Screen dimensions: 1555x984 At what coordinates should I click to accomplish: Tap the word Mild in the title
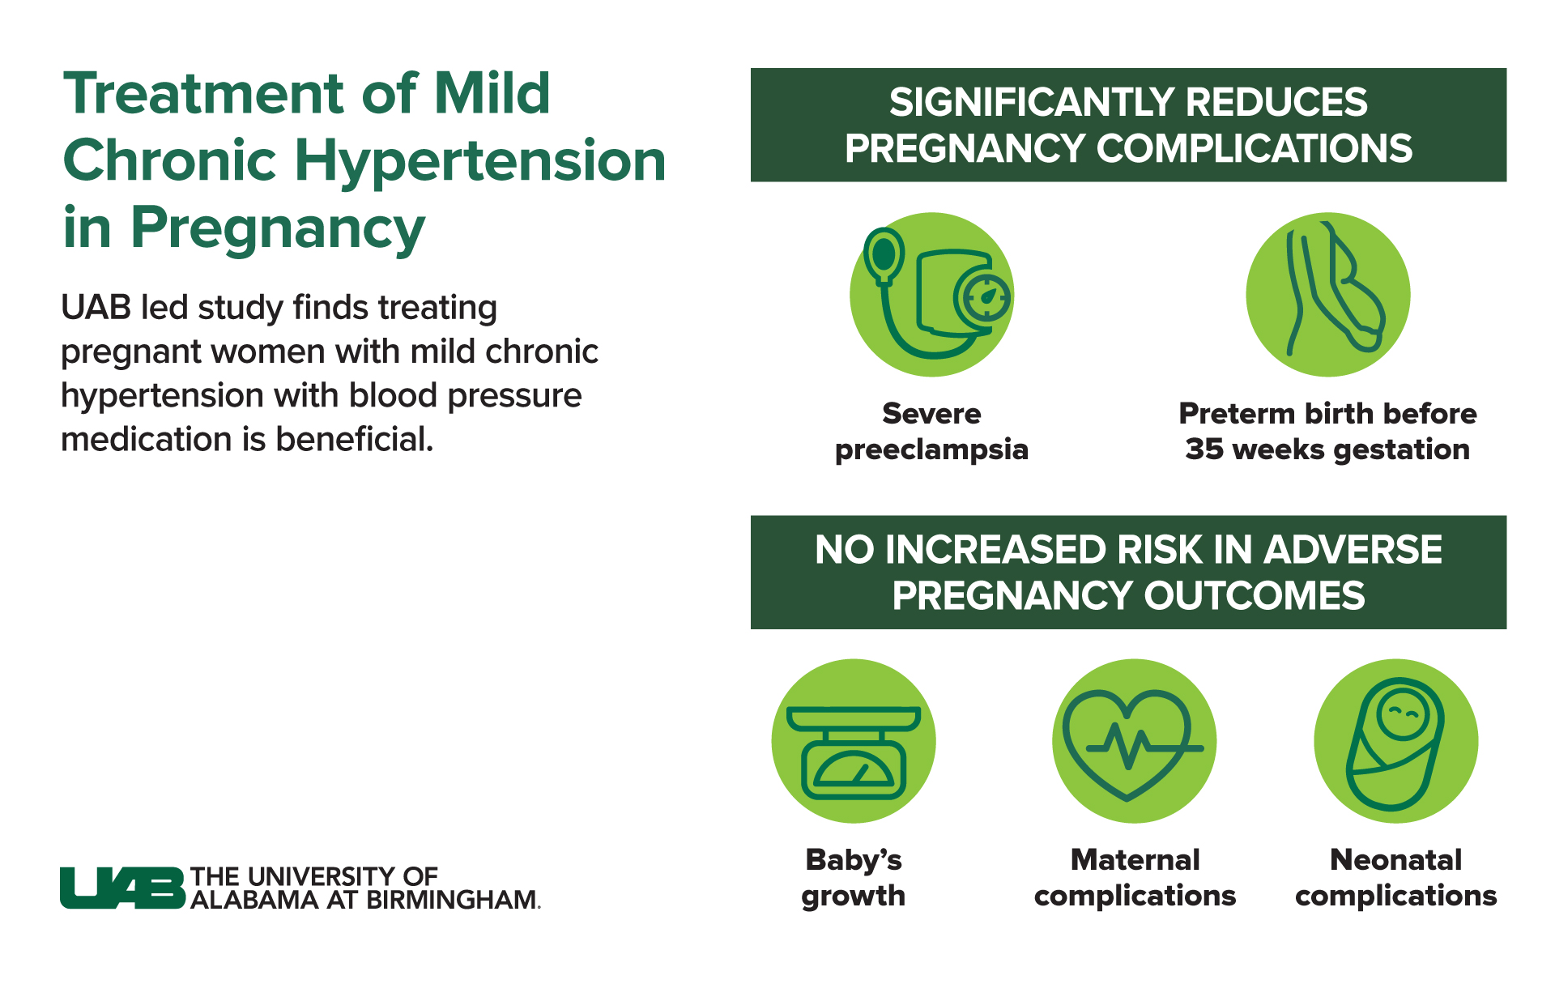point(492,93)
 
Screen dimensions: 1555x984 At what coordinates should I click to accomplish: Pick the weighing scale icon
point(854,752)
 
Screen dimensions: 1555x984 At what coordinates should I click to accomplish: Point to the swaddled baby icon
point(1395,743)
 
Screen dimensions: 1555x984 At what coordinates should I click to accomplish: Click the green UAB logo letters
point(122,888)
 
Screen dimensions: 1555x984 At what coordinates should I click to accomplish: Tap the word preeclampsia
point(931,450)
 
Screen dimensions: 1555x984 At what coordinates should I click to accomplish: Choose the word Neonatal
point(1395,859)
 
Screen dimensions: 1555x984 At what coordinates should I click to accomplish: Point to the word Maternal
point(1135,859)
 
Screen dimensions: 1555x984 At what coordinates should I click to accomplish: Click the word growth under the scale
point(854,897)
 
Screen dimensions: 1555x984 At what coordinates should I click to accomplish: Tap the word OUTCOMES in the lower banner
point(1254,597)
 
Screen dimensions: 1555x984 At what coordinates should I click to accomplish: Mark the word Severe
point(931,414)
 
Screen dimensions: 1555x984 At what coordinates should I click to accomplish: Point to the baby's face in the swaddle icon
point(1402,714)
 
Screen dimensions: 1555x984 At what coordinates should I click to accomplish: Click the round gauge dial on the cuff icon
point(983,297)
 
